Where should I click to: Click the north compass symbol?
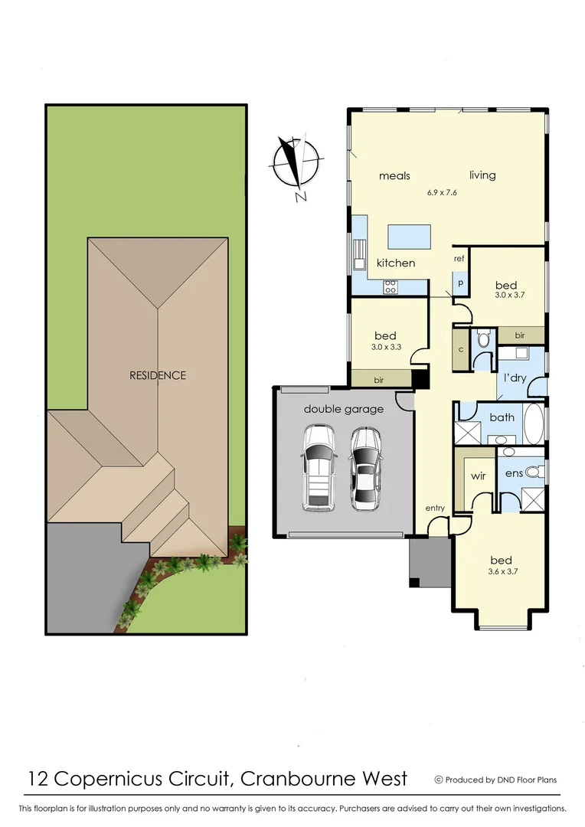295,164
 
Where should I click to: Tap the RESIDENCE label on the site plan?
157,375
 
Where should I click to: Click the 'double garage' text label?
344,409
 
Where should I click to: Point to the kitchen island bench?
409,237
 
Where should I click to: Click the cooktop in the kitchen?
390,287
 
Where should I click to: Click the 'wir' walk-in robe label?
478,476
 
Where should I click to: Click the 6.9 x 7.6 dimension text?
442,192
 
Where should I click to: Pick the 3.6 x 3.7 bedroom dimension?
501,571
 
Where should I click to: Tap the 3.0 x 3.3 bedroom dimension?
385,347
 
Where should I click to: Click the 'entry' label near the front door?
435,508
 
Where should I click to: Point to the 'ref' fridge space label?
459,259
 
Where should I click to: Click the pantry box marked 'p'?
460,283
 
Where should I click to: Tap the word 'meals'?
394,176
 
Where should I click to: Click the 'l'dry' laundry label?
513,378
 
